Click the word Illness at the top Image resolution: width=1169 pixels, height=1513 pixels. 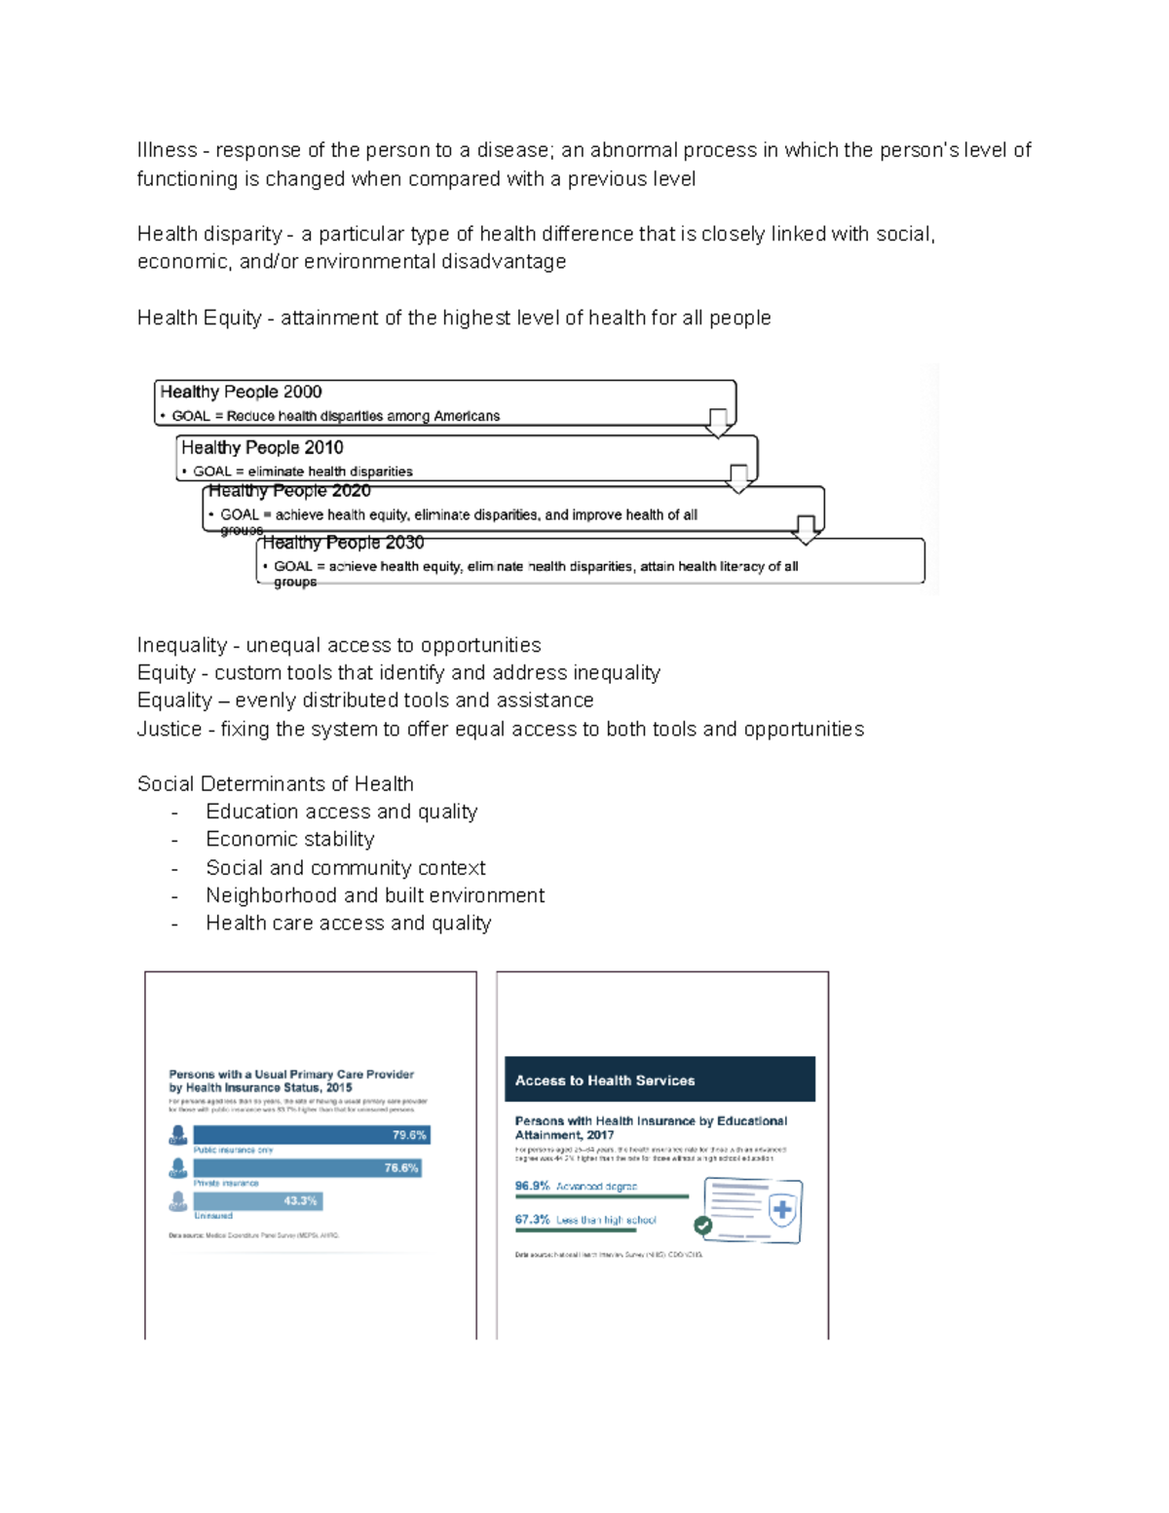tap(167, 150)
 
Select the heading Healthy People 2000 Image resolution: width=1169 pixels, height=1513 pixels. tap(241, 392)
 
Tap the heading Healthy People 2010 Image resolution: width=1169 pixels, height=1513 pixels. tap(262, 447)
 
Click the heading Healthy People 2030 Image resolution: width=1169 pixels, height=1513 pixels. tap(343, 543)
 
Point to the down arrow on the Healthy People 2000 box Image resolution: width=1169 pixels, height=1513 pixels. tap(718, 423)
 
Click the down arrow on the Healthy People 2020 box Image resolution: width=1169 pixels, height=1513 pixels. tap(806, 530)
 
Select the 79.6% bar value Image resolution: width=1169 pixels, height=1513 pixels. tap(409, 1135)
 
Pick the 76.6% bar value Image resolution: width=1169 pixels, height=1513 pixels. tap(400, 1168)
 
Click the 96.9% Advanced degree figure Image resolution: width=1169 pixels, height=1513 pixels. tap(532, 1187)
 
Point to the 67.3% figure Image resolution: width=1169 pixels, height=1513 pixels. tap(532, 1220)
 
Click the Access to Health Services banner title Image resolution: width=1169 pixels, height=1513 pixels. tap(605, 1080)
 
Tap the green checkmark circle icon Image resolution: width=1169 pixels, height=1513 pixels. tap(702, 1226)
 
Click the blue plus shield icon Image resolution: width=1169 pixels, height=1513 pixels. tap(782, 1210)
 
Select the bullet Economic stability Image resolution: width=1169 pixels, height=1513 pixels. tap(289, 839)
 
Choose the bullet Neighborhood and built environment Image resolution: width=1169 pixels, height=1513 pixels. tap(375, 895)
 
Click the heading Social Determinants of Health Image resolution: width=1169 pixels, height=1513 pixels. tap(276, 784)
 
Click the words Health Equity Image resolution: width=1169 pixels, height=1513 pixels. tap(199, 318)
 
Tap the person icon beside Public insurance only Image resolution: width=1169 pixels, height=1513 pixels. tap(178, 1135)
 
